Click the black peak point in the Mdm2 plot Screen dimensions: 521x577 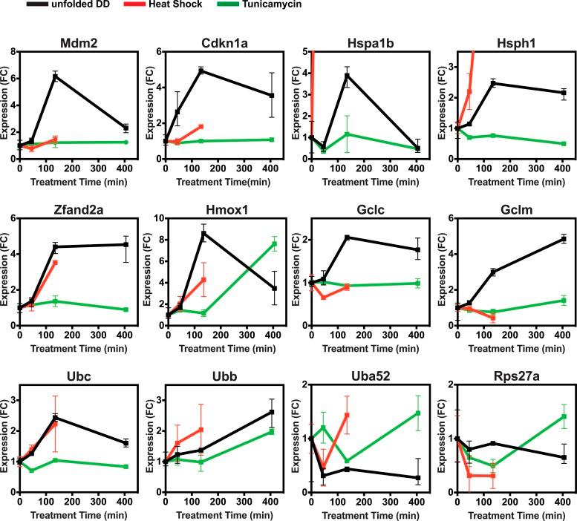click(55, 76)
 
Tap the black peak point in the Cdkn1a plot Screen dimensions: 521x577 click(201, 71)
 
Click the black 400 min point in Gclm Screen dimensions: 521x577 click(564, 239)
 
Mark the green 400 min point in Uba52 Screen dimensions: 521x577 click(419, 413)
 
